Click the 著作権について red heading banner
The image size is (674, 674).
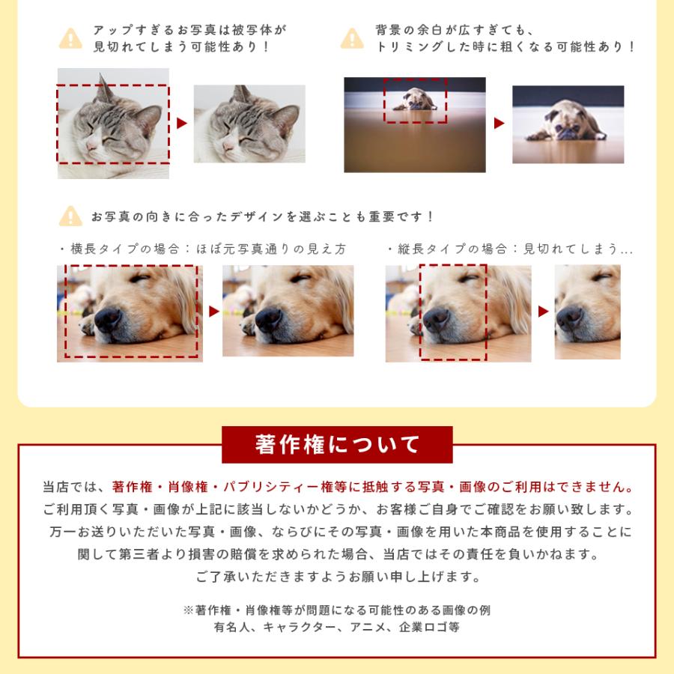pos(337,445)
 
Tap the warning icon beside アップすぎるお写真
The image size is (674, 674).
pos(70,39)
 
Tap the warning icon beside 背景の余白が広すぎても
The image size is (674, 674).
pos(352,39)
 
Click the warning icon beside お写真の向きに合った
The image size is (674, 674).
pos(70,216)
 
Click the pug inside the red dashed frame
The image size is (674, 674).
pos(414,100)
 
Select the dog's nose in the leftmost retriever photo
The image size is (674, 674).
pos(108,320)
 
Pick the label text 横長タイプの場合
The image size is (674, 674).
pos(116,249)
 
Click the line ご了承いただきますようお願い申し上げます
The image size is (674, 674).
pos(337,577)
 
